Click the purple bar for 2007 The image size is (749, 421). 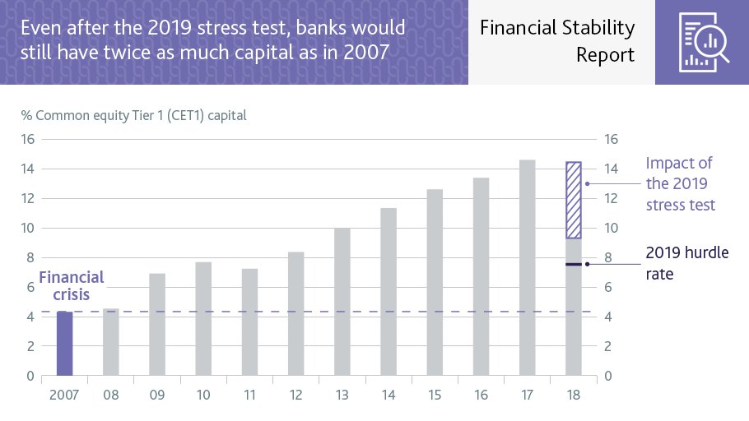pos(64,344)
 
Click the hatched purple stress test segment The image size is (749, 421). pos(574,200)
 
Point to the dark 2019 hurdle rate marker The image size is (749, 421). pos(574,264)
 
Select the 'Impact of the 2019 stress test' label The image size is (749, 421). pos(680,183)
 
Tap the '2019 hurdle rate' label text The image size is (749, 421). pos(686,262)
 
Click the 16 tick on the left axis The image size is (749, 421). pos(27,139)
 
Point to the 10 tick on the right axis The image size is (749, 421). pos(612,228)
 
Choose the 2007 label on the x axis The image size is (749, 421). pos(64,396)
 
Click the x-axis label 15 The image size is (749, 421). pos(435,396)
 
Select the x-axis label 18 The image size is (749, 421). pos(574,396)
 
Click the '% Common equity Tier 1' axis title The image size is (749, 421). pos(133,115)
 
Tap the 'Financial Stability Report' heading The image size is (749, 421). pos(557,41)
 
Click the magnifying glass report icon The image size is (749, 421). pos(701,41)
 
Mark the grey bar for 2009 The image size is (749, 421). pos(157,325)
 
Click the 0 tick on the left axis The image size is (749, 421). pos(30,377)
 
